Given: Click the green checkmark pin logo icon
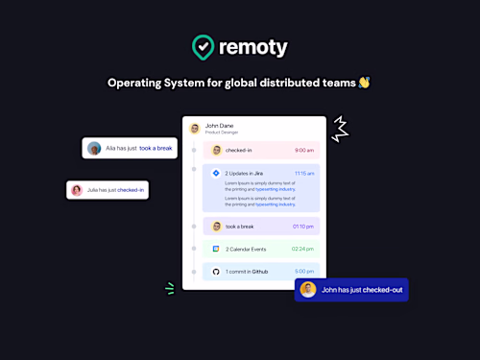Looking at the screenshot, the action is pos(204,47).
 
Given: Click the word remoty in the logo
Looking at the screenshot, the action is pos(252,47).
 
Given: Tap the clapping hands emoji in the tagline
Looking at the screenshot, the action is pos(364,83).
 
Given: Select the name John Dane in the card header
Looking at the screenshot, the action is pos(219,126).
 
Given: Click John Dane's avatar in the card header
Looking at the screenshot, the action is pos(195,128).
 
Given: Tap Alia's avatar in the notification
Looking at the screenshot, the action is pos(94,149).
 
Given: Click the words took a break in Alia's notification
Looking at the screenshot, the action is pos(157,149).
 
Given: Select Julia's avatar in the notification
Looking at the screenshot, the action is pos(76,190).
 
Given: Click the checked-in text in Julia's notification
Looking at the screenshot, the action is pos(131,190).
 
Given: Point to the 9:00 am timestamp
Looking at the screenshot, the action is pos(303,150).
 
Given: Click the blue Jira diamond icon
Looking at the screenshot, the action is pos(216,174).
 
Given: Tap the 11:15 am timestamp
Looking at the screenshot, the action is pos(303,174).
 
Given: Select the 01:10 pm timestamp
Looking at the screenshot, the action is pos(302,227).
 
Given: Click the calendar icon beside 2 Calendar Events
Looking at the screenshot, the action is pos(216,249).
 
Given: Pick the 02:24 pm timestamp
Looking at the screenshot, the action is pos(302,249).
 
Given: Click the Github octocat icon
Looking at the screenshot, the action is pos(216,272).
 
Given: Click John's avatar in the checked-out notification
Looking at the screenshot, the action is pos(307,289).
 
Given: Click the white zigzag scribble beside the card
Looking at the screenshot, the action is pos(340,128).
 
